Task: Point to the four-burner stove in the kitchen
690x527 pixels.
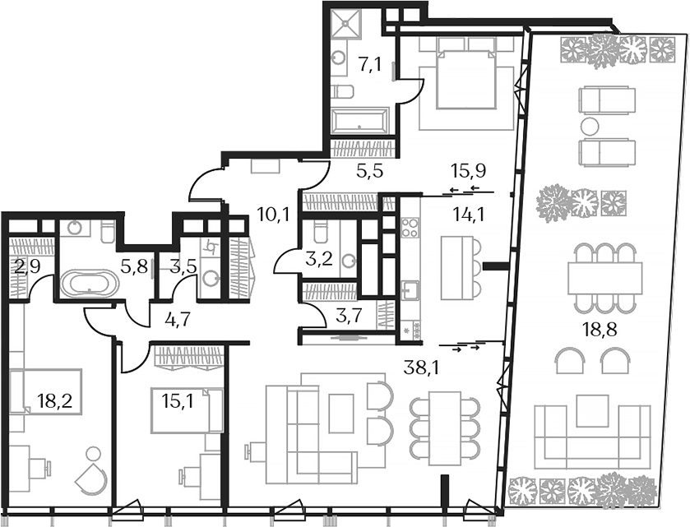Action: click(410, 227)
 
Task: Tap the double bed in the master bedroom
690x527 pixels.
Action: click(466, 74)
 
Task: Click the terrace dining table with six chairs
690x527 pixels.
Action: click(604, 276)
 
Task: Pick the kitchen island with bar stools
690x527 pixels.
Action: click(457, 267)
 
